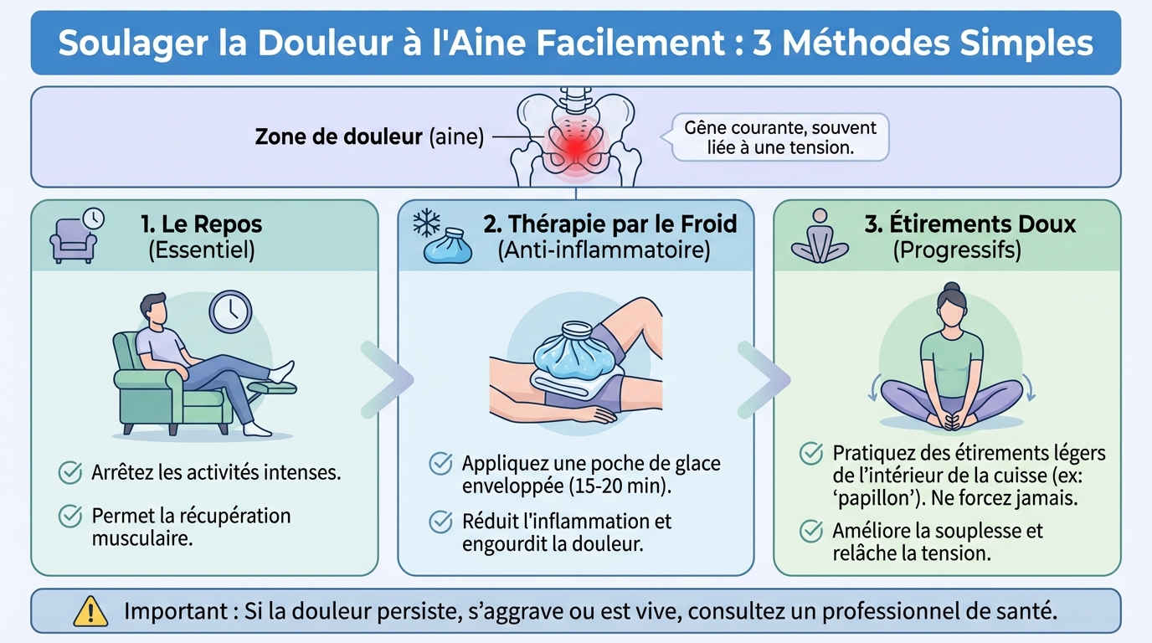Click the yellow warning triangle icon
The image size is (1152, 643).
pyautogui.click(x=90, y=612)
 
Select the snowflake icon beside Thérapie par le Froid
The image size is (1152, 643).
pyautogui.click(x=428, y=223)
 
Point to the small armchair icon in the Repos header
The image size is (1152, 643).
pyautogui.click(x=74, y=239)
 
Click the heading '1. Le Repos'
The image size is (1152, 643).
pyautogui.click(x=201, y=224)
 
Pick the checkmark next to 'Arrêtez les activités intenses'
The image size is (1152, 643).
pyautogui.click(x=69, y=472)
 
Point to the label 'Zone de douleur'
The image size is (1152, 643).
pyautogui.click(x=338, y=137)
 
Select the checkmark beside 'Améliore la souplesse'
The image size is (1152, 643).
pyautogui.click(x=810, y=531)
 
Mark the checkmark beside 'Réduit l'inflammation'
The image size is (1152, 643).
pyautogui.click(x=440, y=522)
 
